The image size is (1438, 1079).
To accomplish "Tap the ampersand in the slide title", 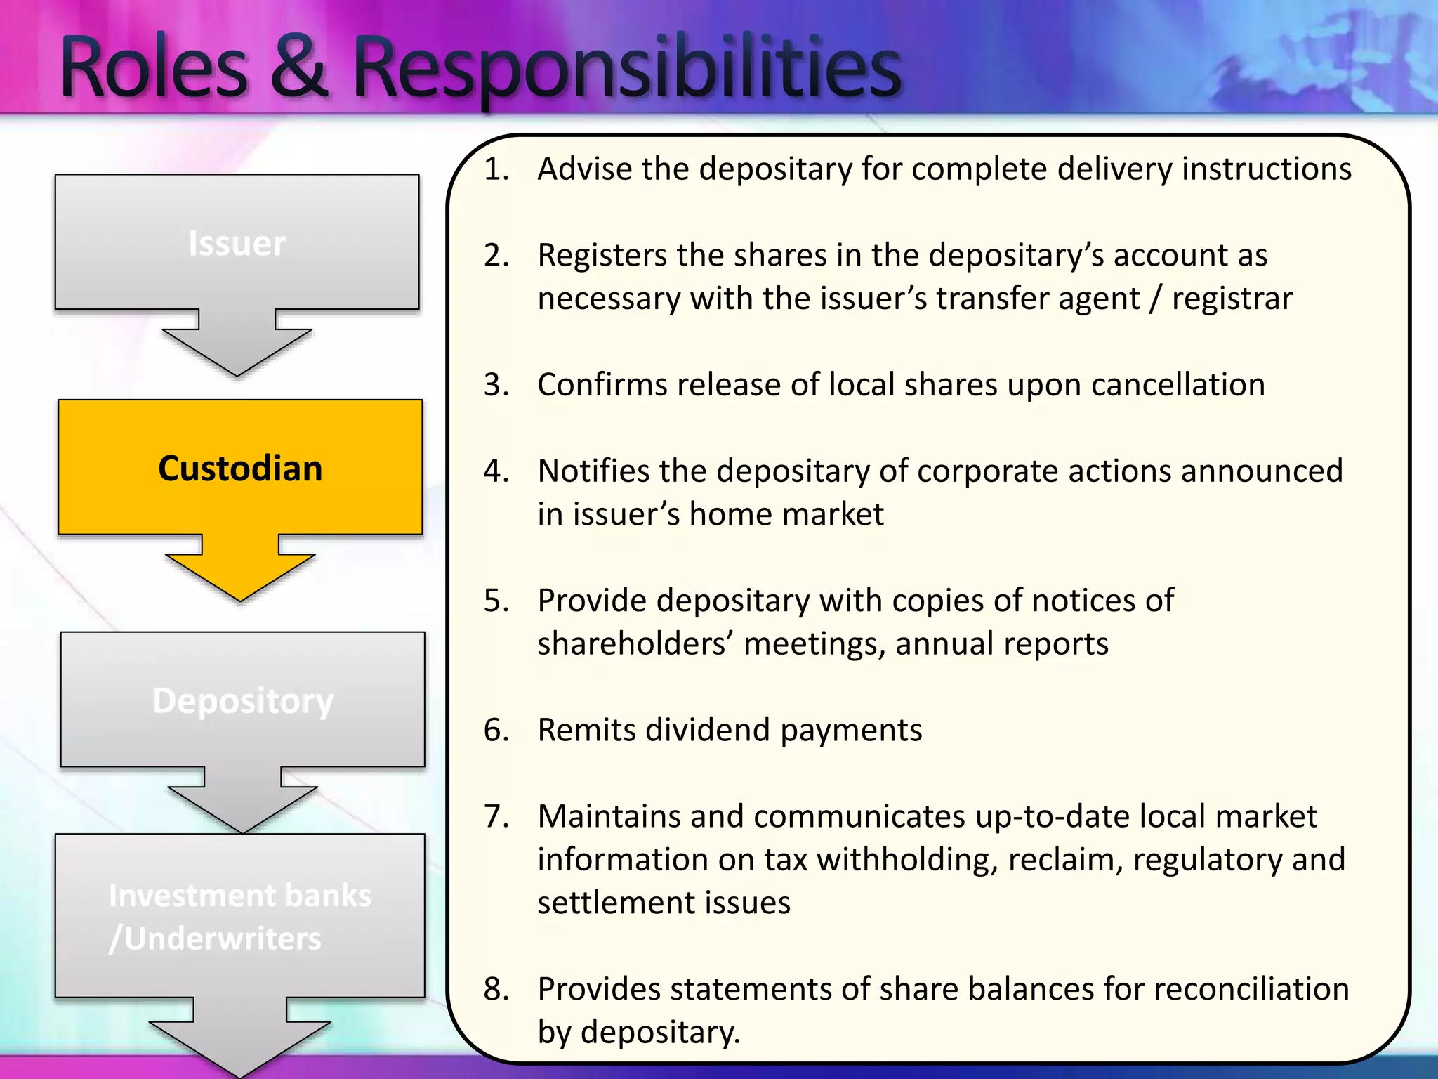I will [298, 69].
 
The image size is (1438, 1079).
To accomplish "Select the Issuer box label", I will [237, 244].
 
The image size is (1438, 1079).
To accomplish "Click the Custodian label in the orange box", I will [240, 469].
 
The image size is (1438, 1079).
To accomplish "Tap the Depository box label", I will [242, 701].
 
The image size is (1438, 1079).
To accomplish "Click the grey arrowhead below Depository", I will [242, 808].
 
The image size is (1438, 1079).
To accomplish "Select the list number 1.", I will [496, 169].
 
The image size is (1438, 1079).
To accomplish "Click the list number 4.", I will [496, 471].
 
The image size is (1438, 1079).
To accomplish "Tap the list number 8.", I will [496, 989].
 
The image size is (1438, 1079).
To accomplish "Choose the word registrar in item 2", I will [1232, 299].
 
